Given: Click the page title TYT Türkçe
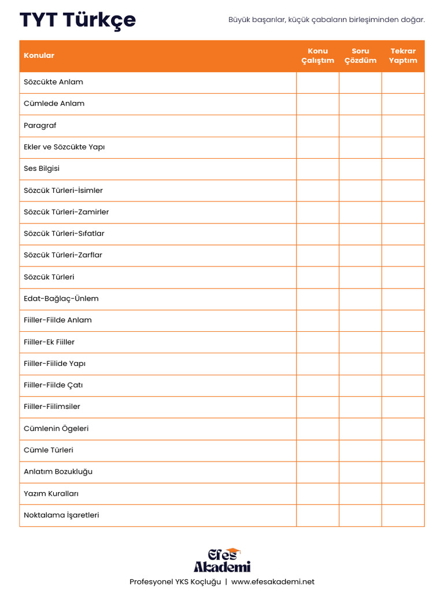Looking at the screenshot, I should [x=77, y=20].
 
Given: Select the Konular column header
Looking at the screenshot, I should [x=39, y=56].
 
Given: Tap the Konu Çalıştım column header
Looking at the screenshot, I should [x=317, y=56].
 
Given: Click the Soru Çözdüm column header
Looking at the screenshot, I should [x=360, y=56].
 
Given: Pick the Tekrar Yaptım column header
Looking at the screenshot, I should [x=403, y=56].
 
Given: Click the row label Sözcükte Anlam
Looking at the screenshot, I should [x=53, y=82].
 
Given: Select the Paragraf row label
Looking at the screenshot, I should [x=40, y=126].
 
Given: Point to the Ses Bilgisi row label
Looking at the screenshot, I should [x=42, y=169].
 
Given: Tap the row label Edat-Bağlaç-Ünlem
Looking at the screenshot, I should [x=61, y=299].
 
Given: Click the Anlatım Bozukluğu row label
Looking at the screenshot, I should [x=58, y=472].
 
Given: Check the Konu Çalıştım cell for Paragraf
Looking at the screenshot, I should [x=317, y=126].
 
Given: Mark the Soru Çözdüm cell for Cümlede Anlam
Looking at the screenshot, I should [x=360, y=104].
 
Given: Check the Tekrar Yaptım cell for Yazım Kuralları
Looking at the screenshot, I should [x=403, y=494].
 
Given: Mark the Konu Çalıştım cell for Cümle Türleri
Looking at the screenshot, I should [x=317, y=451].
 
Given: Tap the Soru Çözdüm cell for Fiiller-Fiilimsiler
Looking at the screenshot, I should [x=360, y=407].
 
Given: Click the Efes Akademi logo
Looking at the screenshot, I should [x=222, y=561].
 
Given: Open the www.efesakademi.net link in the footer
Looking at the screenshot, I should [x=273, y=582].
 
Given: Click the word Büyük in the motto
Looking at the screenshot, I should [x=238, y=20].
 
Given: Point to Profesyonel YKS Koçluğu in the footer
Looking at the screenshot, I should [x=175, y=582].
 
